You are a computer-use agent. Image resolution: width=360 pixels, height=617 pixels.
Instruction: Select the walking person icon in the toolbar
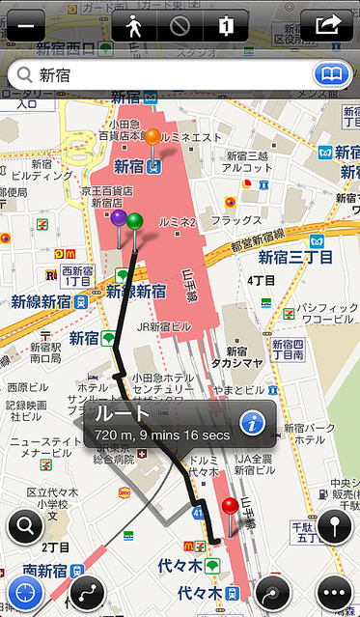134,25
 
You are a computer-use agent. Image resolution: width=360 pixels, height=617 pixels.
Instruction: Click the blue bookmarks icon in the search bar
330,74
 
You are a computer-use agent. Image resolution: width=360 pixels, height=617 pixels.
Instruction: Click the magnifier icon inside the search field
22,74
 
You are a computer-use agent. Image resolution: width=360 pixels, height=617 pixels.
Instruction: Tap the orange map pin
152,138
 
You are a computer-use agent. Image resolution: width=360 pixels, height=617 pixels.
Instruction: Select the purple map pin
119,219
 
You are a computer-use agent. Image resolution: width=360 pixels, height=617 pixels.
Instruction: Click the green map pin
134,222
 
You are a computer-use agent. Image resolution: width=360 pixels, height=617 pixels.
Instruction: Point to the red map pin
229,507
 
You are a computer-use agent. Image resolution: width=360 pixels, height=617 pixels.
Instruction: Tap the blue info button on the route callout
253,421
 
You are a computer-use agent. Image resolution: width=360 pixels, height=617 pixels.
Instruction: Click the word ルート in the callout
123,414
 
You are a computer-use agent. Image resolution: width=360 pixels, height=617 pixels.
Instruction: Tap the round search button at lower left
25,527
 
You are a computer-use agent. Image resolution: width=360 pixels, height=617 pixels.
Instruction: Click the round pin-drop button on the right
334,527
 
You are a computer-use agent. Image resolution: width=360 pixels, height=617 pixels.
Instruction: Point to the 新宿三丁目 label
295,257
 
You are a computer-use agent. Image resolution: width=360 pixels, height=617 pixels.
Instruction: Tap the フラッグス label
236,220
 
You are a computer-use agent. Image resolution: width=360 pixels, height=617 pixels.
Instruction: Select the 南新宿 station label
36,570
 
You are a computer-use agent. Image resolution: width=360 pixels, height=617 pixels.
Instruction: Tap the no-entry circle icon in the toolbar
180,25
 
